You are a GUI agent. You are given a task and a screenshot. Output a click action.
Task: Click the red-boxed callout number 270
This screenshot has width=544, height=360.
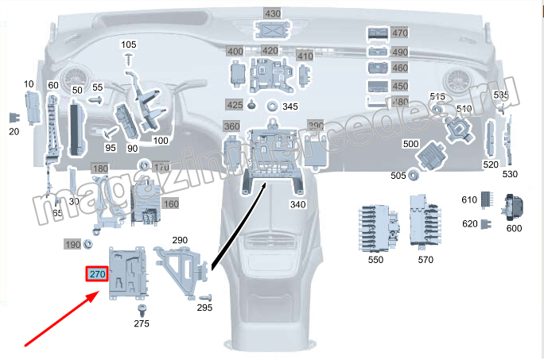click(x=97, y=275)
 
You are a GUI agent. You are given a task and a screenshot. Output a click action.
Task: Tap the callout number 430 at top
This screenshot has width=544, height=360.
click(x=273, y=14)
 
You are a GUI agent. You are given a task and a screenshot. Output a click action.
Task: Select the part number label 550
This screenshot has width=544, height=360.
click(x=375, y=260)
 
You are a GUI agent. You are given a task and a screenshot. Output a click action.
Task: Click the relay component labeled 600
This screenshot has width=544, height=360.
click(x=513, y=209)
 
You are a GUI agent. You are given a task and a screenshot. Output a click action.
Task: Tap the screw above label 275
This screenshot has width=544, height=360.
click(x=142, y=308)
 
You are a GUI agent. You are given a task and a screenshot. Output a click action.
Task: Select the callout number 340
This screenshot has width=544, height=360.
click(x=298, y=205)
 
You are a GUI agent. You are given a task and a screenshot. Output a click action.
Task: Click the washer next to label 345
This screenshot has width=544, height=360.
click(x=272, y=106)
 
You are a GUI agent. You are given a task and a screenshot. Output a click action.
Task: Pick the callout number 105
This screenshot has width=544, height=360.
click(x=129, y=44)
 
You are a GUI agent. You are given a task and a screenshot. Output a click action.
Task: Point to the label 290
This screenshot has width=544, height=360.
click(x=180, y=240)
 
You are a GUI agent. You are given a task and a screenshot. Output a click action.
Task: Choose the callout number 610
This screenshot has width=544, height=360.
click(x=469, y=199)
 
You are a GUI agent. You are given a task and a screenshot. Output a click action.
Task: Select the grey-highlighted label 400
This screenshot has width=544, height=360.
click(x=235, y=52)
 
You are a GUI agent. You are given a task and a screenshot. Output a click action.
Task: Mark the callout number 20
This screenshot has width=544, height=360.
click(x=14, y=131)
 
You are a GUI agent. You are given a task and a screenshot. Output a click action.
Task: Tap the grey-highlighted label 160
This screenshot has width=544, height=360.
click(x=170, y=204)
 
